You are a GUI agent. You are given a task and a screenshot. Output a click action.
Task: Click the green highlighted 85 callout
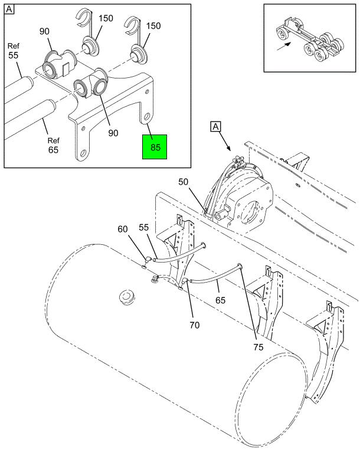155,146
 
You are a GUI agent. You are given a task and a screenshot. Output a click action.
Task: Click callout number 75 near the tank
257,347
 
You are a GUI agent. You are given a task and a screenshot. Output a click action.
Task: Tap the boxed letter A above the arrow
216,126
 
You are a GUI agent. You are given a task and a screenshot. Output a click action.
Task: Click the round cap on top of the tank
125,294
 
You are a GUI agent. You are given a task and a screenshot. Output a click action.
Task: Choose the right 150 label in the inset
153,27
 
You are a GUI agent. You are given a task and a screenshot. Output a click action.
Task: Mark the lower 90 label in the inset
113,133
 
